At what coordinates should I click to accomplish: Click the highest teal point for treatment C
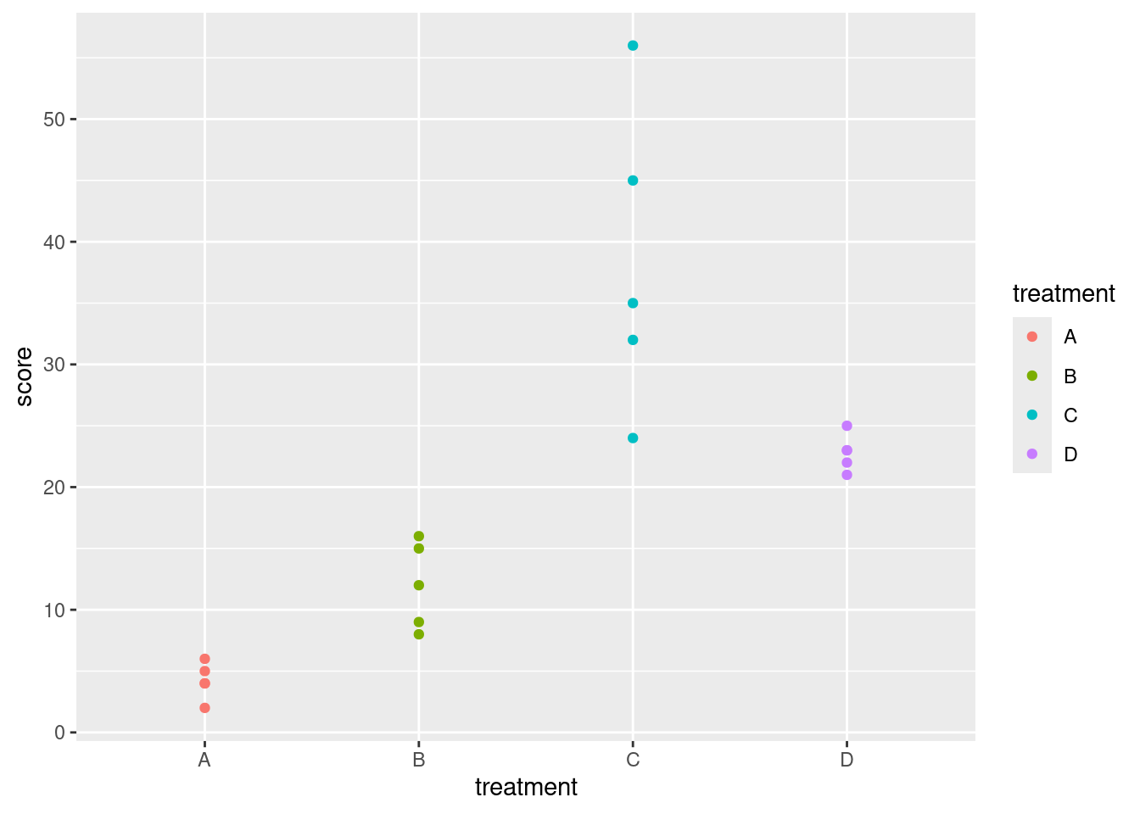(633, 46)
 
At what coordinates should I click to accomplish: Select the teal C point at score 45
(633, 181)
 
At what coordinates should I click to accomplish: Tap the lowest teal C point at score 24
(633, 438)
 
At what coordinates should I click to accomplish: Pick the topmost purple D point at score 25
(847, 426)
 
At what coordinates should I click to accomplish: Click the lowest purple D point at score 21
(847, 475)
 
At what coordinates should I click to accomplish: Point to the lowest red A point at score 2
(204, 708)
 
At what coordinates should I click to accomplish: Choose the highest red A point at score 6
(204, 659)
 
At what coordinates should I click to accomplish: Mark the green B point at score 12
(418, 585)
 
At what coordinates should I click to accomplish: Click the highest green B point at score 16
(418, 536)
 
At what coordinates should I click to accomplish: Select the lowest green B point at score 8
(418, 634)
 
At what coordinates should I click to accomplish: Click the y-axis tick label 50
(54, 120)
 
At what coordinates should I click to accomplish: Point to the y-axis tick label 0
(59, 733)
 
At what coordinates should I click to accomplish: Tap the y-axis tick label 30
(54, 365)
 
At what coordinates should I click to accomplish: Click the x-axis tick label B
(418, 760)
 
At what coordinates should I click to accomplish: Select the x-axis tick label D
(847, 760)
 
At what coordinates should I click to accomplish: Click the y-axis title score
(25, 376)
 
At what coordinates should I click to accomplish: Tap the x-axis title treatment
(526, 788)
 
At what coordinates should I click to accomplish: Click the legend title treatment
(1064, 294)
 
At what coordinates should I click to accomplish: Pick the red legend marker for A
(1032, 337)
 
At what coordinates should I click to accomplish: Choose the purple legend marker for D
(1032, 454)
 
